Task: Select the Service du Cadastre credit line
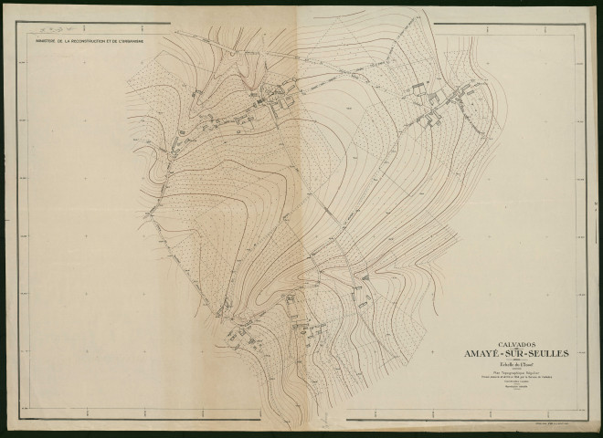(499, 379)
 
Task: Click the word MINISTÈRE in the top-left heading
(47, 40)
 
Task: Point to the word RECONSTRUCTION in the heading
(90, 40)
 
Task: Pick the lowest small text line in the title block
(499, 391)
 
